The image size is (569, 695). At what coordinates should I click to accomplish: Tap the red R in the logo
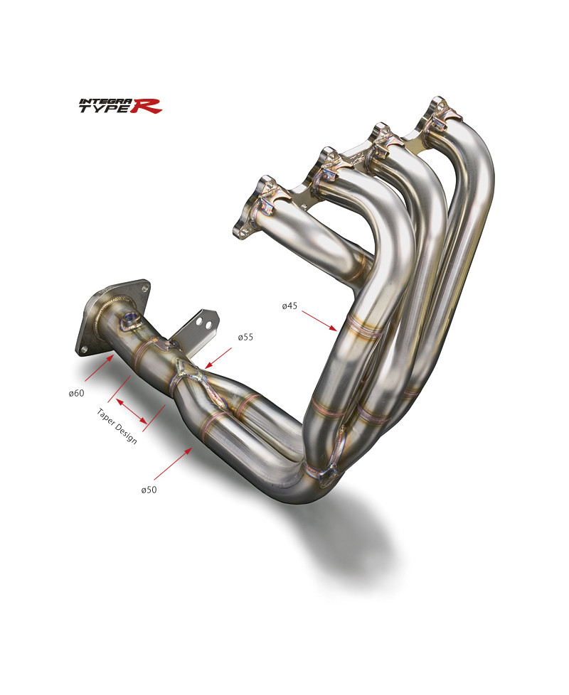151,107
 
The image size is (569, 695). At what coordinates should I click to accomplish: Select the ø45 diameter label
289,306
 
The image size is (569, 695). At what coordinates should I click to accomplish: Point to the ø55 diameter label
245,337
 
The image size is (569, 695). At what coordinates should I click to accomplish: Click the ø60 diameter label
77,393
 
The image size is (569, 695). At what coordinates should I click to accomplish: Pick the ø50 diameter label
149,490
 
